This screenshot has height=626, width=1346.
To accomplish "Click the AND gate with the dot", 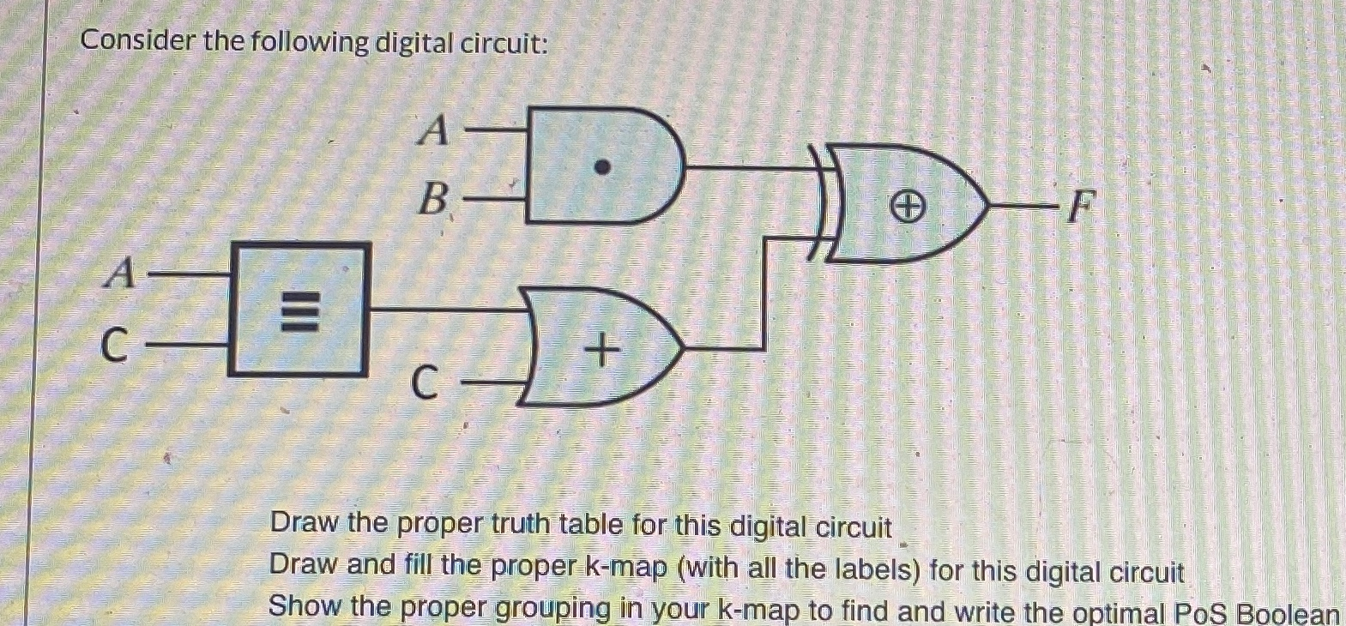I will coord(601,166).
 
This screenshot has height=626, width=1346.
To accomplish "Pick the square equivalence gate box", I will coord(298,310).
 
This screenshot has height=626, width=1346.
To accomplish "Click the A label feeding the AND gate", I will coord(435,131).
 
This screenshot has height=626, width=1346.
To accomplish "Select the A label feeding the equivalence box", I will coord(121,274).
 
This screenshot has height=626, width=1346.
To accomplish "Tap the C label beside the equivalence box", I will coord(114,346).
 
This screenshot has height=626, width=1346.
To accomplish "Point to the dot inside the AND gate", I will coord(603,167).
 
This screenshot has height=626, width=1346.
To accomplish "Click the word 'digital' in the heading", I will coord(413,43).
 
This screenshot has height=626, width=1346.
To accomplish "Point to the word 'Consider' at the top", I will coord(138,41).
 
